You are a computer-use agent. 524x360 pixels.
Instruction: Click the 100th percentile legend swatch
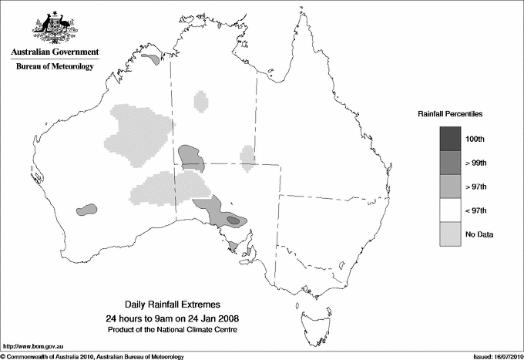451,139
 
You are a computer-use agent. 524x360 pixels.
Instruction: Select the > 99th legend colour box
451,163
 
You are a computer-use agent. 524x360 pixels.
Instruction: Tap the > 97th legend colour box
451,187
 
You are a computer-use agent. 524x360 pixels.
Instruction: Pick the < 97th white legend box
451,210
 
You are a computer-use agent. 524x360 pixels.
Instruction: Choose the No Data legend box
451,234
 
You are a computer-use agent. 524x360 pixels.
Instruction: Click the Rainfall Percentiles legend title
450,114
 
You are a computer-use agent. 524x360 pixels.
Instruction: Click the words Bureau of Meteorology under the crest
55,67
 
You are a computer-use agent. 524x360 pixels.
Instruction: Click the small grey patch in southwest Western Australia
87,208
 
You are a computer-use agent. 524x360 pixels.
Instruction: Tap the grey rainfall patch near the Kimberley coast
152,57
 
